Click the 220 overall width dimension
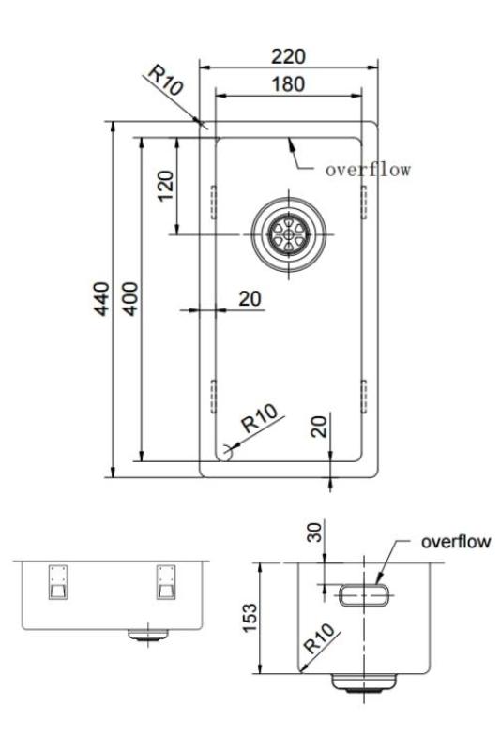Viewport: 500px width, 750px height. click(286, 55)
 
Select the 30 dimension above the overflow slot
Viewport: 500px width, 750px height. click(315, 532)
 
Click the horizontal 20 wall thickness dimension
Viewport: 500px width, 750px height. click(250, 298)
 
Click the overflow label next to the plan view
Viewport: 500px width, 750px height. click(369, 171)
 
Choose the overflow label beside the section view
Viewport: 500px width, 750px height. click(455, 542)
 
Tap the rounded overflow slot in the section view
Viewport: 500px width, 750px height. click(361, 594)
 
